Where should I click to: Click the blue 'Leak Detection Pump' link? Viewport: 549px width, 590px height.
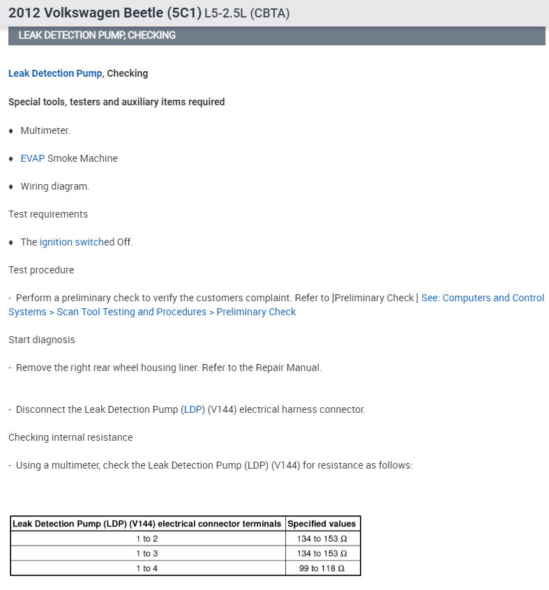point(55,73)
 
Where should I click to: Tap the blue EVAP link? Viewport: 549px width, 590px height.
point(32,158)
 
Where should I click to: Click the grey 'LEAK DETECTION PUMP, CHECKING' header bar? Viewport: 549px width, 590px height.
point(276,36)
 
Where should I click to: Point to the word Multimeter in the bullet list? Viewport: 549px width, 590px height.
point(45,130)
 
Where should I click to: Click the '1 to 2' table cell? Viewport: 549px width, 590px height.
point(147,538)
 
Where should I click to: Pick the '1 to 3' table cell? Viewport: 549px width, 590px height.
point(147,553)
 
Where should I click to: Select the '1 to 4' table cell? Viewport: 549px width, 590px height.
point(147,568)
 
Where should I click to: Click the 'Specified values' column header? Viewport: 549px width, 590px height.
point(322,524)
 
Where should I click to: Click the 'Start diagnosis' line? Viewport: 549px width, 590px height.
point(41,340)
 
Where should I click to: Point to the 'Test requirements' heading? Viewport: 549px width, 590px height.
point(48,214)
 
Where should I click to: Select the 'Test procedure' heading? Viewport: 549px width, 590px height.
point(41,270)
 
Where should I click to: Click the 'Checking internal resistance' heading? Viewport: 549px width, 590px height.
point(70,437)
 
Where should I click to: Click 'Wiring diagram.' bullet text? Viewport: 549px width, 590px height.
point(55,186)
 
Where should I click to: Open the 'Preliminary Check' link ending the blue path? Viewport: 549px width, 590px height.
point(256,312)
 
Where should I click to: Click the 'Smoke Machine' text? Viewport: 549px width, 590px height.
point(82,158)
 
